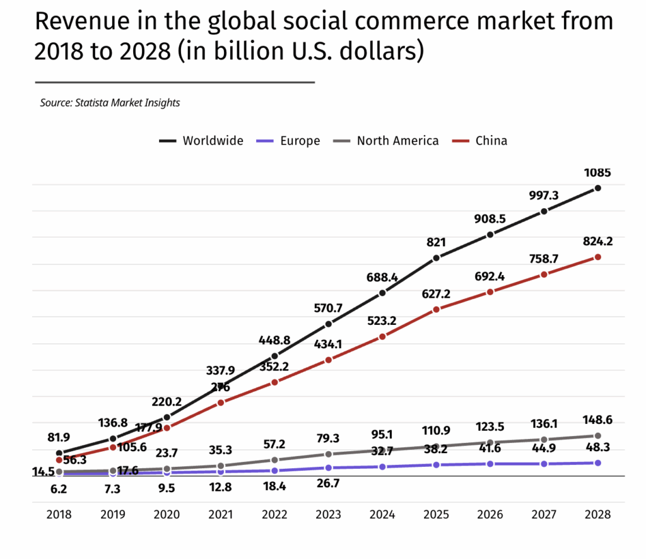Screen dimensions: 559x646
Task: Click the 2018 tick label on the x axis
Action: tap(59, 514)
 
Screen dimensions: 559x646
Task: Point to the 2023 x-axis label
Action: tap(328, 514)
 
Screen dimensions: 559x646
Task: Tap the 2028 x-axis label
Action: tap(597, 514)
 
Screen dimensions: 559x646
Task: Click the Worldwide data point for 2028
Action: tap(597, 188)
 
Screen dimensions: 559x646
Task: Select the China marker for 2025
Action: tap(436, 309)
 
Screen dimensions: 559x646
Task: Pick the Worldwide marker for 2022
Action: tap(274, 356)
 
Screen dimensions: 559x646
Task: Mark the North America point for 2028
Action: tap(597, 436)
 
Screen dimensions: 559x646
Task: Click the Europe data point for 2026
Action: tap(490, 464)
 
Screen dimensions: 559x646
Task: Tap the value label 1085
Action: tap(597, 172)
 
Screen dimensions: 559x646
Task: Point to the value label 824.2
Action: tap(597, 240)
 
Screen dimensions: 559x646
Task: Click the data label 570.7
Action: tap(328, 309)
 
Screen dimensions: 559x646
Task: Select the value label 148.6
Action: tap(597, 420)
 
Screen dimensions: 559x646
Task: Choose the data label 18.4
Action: tap(274, 487)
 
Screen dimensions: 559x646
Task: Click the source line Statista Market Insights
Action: tap(110, 102)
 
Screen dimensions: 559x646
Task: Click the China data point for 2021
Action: tap(221, 403)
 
